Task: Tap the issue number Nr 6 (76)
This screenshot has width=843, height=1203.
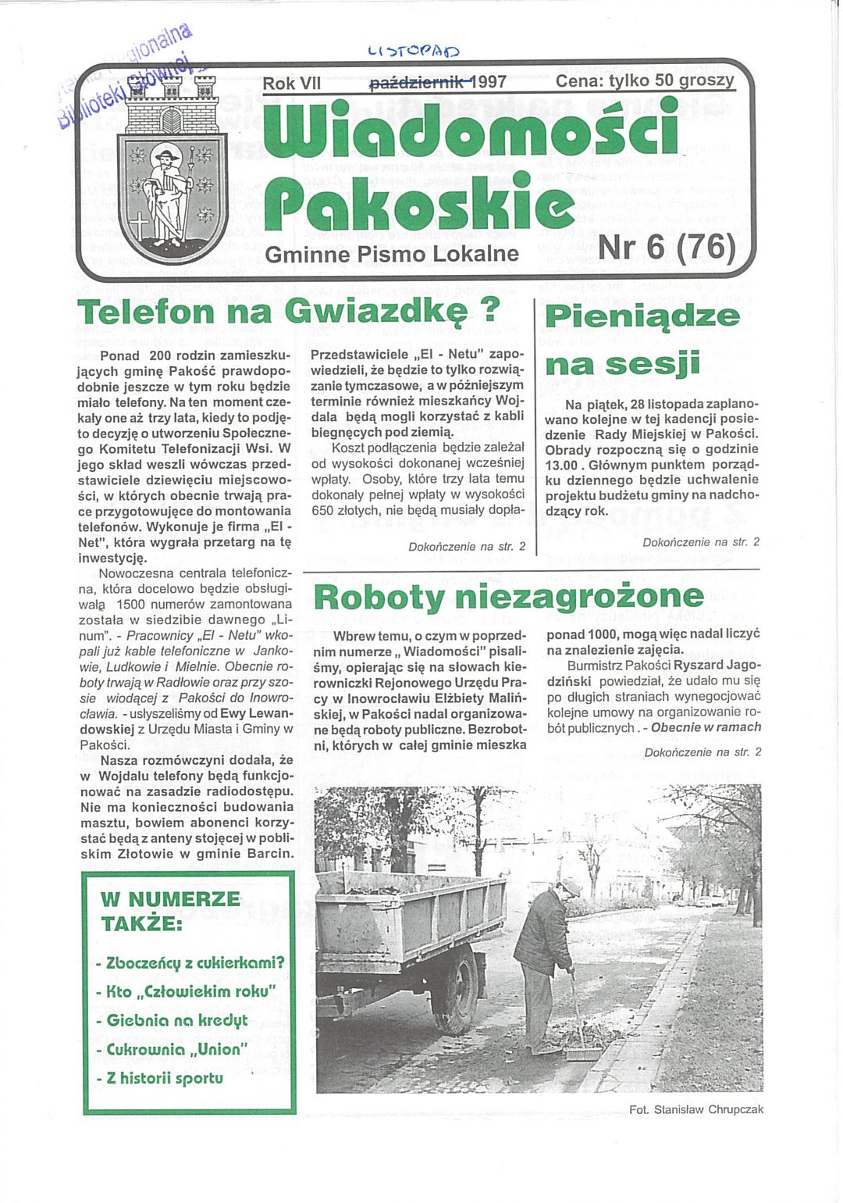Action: [x=667, y=247]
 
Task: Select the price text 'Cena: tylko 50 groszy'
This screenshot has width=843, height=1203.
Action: [x=645, y=80]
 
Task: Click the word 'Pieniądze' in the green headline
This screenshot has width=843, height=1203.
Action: [x=642, y=316]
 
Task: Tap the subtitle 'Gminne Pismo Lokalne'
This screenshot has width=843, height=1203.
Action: [x=392, y=255]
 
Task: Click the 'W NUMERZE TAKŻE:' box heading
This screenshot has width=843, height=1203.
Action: [x=170, y=911]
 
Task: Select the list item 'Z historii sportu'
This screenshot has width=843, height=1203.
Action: [x=165, y=1078]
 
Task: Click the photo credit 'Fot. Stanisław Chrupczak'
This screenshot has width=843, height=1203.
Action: [x=695, y=1109]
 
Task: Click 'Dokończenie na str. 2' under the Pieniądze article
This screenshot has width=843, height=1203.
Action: [x=700, y=542]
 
